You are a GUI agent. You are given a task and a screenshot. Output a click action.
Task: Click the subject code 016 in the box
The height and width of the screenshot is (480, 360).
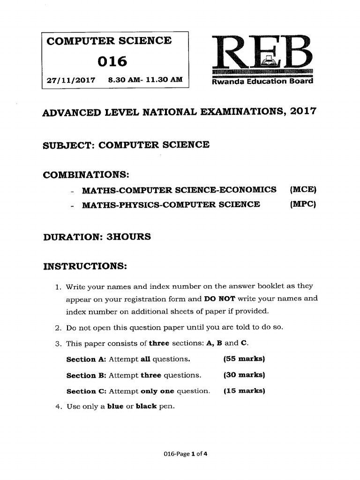tap(112, 61)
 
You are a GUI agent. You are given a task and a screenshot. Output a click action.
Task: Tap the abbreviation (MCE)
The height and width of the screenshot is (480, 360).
tap(303, 190)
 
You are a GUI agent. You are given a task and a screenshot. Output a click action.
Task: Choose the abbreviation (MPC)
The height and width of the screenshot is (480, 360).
tap(303, 204)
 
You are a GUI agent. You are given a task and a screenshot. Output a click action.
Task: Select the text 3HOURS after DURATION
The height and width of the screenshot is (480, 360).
tap(129, 237)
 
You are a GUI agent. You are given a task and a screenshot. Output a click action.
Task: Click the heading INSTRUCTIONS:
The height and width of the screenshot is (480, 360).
tap(85, 267)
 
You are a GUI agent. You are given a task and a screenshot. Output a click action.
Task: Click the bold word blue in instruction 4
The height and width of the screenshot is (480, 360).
tap(115, 407)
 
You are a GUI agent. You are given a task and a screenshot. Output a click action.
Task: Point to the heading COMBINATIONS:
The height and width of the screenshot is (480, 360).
tap(86, 175)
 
